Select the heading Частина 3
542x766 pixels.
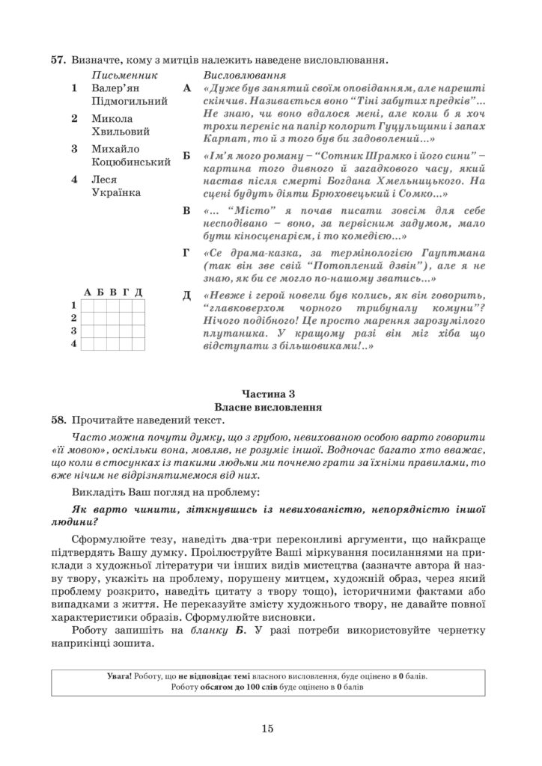tap(270, 393)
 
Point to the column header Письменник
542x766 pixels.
tap(124, 76)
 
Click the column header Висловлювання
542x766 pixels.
tap(243, 76)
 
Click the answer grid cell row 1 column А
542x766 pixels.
tap(88, 305)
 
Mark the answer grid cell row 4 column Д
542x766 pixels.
tap(138, 344)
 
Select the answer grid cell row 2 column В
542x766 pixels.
tap(113, 318)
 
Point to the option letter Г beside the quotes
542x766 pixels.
tap(186, 253)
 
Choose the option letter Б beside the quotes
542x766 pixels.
tap(186, 157)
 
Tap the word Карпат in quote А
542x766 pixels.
tap(222, 139)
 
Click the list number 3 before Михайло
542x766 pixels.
tap(74, 149)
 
